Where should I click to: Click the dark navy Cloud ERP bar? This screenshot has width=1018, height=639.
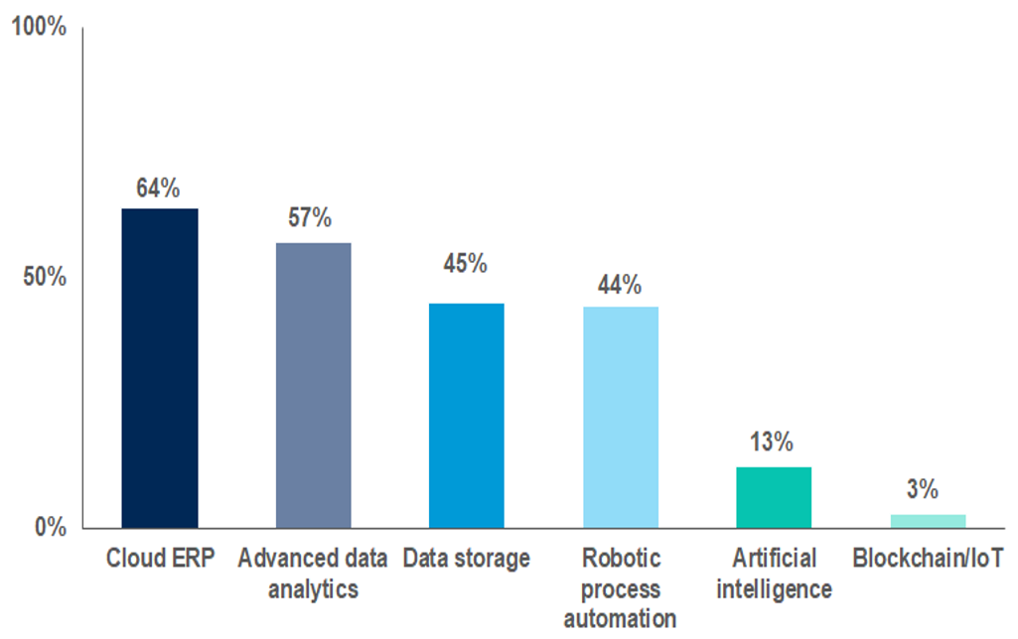160,367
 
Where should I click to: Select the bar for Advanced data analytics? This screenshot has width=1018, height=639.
313,385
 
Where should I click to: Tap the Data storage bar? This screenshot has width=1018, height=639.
467,415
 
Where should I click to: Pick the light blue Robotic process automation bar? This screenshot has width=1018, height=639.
621,417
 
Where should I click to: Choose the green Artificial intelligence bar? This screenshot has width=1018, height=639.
774,496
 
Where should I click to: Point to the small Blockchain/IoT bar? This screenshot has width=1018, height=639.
928,520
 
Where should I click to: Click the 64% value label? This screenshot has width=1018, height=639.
158,188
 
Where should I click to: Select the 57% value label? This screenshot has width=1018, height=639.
310,218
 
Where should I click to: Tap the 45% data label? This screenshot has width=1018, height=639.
465,264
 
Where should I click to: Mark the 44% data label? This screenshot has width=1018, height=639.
619,286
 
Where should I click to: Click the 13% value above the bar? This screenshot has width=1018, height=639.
772,442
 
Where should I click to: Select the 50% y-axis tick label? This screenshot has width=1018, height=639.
45,277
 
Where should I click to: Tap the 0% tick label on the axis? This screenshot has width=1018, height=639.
51,527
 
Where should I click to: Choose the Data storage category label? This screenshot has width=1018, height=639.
467,559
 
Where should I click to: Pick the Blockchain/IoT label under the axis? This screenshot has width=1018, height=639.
929,559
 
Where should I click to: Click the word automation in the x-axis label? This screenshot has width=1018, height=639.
621,619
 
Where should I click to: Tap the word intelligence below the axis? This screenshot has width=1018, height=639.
774,589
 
